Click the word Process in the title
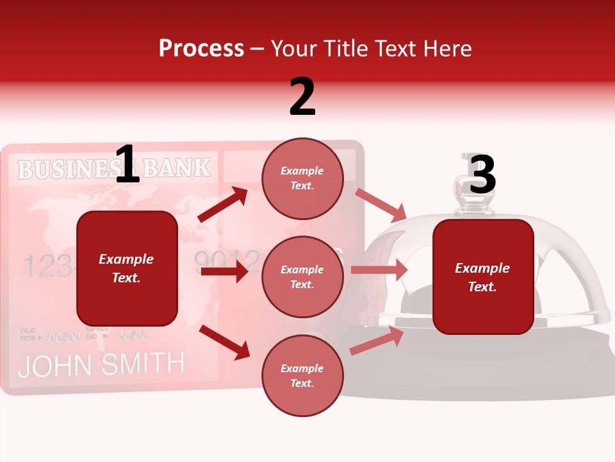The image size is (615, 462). click(201, 49)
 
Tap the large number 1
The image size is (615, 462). click(127, 165)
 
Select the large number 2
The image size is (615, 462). click(302, 97)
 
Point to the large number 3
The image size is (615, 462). click(482, 175)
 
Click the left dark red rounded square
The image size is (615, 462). click(127, 268)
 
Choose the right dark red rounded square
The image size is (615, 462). click(483, 277)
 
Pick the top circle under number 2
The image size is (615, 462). click(302, 178)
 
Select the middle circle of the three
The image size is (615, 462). click(302, 277)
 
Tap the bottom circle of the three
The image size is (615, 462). click(302, 376)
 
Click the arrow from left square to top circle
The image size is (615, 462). click(223, 205)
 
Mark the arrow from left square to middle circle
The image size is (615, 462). click(224, 272)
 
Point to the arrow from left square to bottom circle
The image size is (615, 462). click(225, 342)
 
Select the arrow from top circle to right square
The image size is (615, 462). click(381, 205)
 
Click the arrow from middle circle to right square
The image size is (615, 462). click(379, 270)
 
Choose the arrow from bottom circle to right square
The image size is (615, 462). click(377, 341)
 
